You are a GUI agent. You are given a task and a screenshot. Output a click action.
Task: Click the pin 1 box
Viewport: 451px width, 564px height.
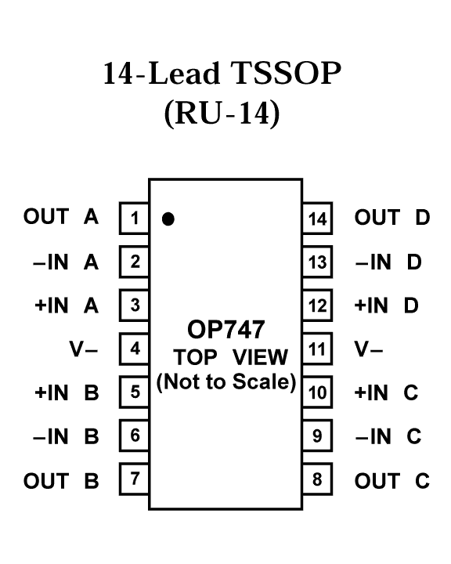(x=134, y=219)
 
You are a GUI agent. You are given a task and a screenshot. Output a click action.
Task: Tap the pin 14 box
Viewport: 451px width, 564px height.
(x=317, y=219)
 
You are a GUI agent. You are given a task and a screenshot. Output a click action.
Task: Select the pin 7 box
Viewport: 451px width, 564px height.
(x=134, y=479)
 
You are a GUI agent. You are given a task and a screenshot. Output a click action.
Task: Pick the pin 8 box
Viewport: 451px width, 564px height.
(x=317, y=479)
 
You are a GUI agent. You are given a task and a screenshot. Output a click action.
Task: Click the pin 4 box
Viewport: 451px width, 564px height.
(x=134, y=349)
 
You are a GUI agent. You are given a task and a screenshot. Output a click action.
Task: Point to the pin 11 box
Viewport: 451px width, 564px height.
(x=317, y=349)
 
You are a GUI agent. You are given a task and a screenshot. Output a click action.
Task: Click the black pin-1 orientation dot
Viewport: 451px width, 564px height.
(x=168, y=219)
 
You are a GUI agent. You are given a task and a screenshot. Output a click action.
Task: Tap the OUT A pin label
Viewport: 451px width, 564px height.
(x=61, y=216)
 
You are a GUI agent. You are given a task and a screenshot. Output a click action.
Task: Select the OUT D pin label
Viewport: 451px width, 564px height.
(x=392, y=217)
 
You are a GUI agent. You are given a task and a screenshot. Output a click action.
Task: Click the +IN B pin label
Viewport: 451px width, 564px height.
(x=67, y=392)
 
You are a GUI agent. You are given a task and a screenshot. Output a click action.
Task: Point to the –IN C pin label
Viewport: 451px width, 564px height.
(x=388, y=436)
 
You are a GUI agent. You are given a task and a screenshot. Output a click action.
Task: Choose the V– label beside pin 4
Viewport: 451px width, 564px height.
(x=84, y=349)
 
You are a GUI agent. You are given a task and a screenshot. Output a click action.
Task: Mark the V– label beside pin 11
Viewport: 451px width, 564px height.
(x=369, y=349)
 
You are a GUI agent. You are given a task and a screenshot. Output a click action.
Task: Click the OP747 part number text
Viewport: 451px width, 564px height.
(x=225, y=330)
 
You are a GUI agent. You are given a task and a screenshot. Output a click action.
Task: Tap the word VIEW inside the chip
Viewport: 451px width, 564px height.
(x=260, y=357)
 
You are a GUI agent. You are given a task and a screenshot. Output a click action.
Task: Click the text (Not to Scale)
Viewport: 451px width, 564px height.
(x=226, y=382)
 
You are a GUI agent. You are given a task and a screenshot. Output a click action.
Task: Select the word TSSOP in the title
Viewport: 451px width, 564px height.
(x=286, y=74)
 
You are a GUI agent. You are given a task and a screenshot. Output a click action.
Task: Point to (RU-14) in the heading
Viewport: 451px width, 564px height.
(x=222, y=114)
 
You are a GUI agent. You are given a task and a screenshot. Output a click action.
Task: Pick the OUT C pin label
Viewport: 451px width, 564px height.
(x=392, y=481)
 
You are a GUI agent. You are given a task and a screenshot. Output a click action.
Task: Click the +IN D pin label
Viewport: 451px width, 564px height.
(x=387, y=305)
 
